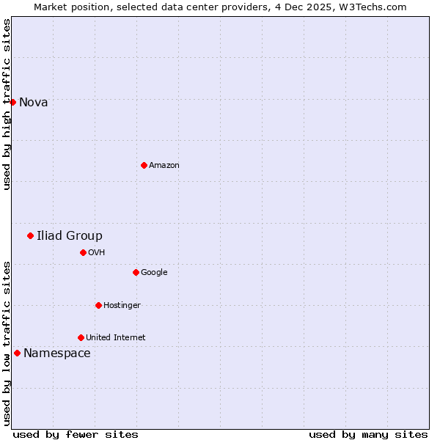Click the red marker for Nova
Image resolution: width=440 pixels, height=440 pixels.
click(x=13, y=102)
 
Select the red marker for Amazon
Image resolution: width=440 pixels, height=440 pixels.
click(x=144, y=165)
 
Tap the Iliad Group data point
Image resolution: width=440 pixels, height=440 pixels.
click(x=30, y=235)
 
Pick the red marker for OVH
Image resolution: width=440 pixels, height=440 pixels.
click(x=83, y=252)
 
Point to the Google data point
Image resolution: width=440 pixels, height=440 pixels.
click(x=136, y=272)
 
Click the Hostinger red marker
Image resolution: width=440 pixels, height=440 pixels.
click(x=98, y=305)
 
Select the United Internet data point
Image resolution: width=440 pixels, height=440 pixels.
click(x=81, y=337)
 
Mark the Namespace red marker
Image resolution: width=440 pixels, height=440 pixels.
click(x=17, y=353)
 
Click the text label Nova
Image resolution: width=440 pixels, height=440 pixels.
click(x=34, y=103)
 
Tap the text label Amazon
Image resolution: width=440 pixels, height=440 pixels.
click(x=164, y=166)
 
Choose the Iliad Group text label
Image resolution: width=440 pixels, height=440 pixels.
click(x=70, y=236)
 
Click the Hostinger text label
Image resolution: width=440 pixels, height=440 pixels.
click(x=122, y=306)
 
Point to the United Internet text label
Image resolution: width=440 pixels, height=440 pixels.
click(x=116, y=338)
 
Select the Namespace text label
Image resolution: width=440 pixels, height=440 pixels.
click(x=57, y=353)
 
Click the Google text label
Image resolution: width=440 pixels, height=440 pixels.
click(x=154, y=273)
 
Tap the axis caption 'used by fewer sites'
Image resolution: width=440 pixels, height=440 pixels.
click(x=76, y=434)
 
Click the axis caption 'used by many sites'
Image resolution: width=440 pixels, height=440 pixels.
click(x=368, y=434)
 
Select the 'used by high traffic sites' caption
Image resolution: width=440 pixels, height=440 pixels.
click(x=7, y=104)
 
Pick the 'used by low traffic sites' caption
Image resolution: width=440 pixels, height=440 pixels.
click(x=7, y=343)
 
